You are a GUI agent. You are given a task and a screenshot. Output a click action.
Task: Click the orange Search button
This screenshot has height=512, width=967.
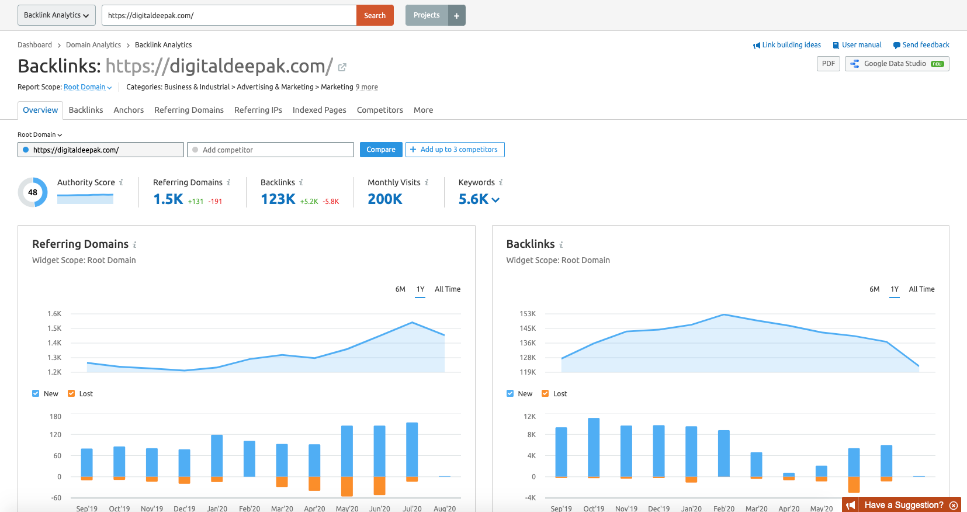[x=375, y=15]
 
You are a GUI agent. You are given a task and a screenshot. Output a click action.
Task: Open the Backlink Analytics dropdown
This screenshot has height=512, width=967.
[x=56, y=15]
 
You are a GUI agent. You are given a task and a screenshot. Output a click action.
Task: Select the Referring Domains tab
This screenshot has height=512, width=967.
[x=189, y=110]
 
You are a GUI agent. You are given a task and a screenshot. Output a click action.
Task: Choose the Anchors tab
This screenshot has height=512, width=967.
[x=129, y=110]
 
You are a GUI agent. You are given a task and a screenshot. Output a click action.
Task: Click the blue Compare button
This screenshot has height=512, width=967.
[x=381, y=150]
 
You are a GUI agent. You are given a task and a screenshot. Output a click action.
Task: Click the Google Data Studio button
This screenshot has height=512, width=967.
[x=896, y=64]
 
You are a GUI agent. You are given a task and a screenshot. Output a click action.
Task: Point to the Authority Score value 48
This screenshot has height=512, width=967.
[x=33, y=192]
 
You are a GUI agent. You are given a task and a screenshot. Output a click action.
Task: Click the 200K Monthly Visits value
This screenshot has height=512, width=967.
[x=385, y=199]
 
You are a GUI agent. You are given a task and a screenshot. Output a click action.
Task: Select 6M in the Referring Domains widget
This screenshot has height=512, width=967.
[x=400, y=289]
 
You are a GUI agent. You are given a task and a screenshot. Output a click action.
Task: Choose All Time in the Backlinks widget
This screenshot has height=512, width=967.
[x=921, y=289]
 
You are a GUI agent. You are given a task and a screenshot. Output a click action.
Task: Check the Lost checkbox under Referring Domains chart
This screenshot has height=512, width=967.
[x=71, y=394]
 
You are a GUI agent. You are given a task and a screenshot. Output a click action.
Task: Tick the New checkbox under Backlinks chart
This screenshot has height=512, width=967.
[x=510, y=394]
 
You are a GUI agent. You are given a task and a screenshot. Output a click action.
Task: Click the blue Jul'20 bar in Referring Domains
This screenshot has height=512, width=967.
[x=412, y=449]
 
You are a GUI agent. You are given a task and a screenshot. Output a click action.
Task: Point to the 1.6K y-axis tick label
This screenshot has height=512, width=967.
[x=54, y=314]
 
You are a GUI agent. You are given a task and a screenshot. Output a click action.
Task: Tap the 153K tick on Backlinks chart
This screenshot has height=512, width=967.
[x=528, y=314]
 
